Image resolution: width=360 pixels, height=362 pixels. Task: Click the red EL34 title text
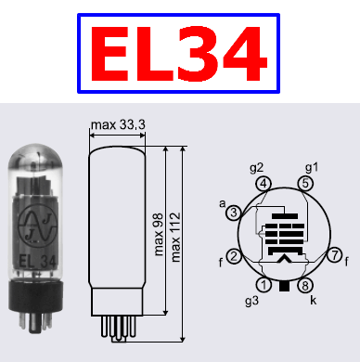[x=179, y=54]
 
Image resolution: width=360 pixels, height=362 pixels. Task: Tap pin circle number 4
[x=264, y=184]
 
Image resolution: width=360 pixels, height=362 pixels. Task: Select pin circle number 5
[x=305, y=184]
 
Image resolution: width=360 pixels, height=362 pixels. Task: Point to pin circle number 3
[x=234, y=213]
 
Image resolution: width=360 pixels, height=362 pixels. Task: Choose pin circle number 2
[x=234, y=256]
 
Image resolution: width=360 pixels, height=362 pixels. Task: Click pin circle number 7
[x=335, y=255]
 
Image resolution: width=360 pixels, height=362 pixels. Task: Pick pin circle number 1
[x=264, y=285]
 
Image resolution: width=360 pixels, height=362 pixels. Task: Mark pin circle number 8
[x=305, y=285]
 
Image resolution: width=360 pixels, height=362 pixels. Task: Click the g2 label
[x=256, y=168]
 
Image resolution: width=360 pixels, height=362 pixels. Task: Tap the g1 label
[x=312, y=168]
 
